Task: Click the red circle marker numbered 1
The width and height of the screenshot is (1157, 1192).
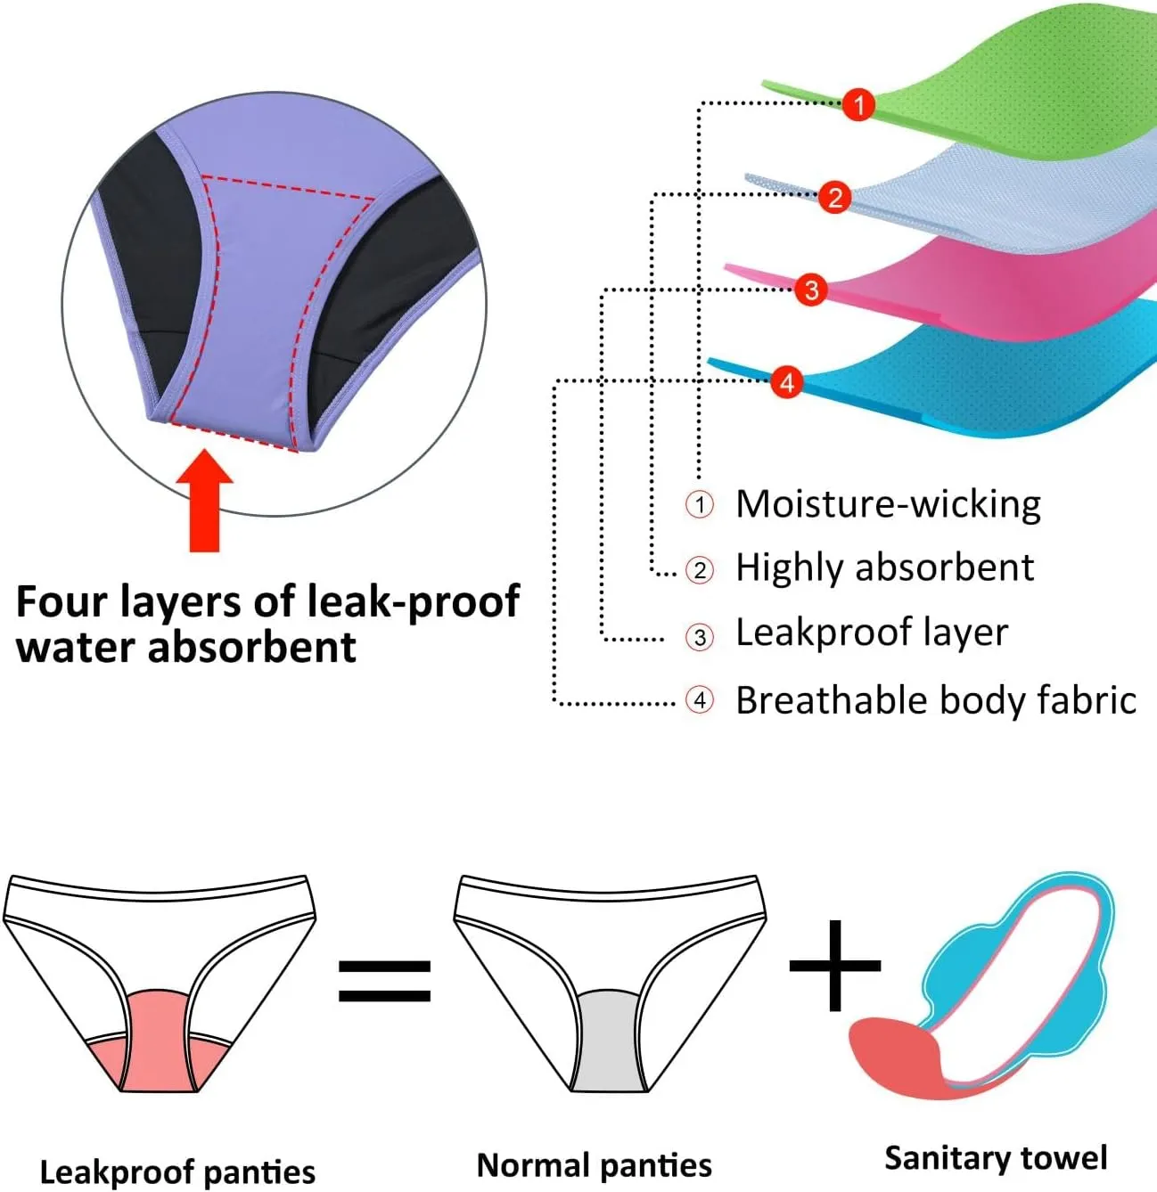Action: [x=858, y=105]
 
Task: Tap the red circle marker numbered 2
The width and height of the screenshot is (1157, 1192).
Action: [x=835, y=197]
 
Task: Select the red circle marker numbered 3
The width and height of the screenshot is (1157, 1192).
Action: [x=811, y=290]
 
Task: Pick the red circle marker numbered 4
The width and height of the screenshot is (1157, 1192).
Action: [x=786, y=382]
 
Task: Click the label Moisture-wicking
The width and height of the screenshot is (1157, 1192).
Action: [x=888, y=504]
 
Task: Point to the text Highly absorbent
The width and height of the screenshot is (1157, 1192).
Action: [x=884, y=567]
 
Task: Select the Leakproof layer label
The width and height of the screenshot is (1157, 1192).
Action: [x=871, y=633]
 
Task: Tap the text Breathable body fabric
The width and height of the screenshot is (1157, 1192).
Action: [x=935, y=700]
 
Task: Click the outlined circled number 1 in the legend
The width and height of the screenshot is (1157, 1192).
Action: [x=700, y=505]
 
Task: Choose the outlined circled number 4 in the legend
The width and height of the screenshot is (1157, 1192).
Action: [x=700, y=700]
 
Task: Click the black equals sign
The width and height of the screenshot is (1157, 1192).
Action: [x=384, y=980]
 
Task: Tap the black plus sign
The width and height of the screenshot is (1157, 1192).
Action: [x=835, y=966]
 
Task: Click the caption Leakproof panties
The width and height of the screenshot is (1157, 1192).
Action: [x=177, y=1172]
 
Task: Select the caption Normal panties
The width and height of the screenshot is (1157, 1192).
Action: [x=595, y=1164]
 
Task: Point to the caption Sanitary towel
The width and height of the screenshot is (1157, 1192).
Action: [x=996, y=1157]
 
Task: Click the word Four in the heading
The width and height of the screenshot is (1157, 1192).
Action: [x=57, y=601]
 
